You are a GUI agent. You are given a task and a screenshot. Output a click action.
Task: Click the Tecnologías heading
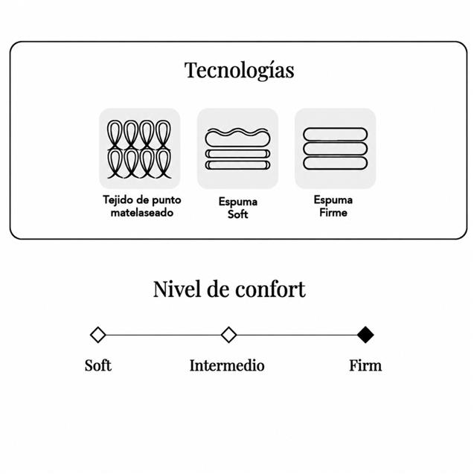coord(239,71)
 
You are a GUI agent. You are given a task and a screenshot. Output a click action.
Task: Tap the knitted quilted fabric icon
coord(139,149)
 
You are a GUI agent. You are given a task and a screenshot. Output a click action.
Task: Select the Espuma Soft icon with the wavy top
coord(237,149)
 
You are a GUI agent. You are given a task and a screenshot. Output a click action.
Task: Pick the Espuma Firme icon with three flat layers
coord(336,149)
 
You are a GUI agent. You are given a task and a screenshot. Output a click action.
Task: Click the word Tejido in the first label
coord(118,200)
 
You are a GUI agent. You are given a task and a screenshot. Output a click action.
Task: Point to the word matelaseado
coord(142,213)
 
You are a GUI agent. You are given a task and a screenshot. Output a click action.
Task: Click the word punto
coord(166,200)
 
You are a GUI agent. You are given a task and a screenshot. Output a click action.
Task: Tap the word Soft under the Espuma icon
coord(237,214)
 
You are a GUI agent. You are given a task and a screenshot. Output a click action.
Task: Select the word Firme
coord(333,213)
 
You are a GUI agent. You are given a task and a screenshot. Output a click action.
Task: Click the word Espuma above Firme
coord(333,200)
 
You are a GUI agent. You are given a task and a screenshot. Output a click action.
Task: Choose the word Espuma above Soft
coord(238,202)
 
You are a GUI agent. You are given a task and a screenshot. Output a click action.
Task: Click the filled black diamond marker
coord(365,335)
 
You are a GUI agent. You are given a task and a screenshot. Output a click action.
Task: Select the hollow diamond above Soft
coord(98,335)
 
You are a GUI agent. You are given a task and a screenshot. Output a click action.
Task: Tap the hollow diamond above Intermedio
coord(228,335)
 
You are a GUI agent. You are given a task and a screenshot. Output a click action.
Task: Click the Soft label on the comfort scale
coord(98,365)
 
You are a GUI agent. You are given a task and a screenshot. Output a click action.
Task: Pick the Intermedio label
coord(227,365)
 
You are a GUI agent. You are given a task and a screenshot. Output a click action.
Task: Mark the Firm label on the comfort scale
coord(365,365)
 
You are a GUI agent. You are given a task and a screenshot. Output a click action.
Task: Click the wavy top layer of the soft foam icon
coord(237,138)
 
